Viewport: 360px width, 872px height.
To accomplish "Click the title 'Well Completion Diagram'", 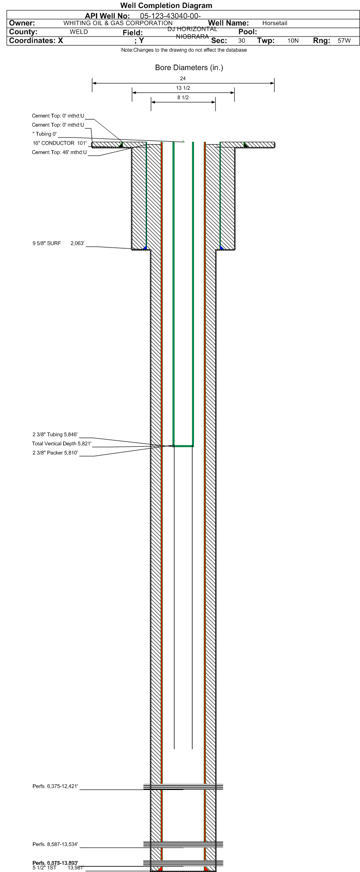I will point(166,6).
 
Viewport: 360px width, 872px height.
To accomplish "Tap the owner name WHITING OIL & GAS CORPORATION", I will point(118,23).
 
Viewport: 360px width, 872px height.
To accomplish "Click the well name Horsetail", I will point(275,23).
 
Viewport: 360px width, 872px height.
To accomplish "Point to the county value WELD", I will point(79,32).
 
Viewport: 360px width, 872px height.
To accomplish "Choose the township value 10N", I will point(293,41).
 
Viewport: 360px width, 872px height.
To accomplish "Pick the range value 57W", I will point(344,41).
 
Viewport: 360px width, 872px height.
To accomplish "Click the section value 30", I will point(242,41).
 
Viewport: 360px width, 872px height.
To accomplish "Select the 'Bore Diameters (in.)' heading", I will point(189,68).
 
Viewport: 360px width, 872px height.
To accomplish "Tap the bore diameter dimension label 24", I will point(183,78).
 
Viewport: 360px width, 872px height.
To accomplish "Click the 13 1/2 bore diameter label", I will point(183,88).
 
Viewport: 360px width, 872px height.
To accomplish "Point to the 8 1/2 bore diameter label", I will point(183,98).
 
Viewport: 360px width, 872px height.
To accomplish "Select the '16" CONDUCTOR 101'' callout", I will point(59,143).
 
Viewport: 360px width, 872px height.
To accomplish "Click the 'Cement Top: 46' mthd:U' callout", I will point(59,152).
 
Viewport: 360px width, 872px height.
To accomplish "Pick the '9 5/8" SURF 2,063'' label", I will point(58,243).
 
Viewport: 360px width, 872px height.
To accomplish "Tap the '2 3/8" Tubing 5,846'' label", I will point(55,434).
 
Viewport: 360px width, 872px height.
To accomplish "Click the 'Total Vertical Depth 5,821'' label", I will point(61,444).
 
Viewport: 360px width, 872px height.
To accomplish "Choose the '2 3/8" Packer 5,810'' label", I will point(55,453).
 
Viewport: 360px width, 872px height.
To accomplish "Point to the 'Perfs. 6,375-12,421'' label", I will point(55,787).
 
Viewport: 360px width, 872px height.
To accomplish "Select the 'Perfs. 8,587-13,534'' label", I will point(55,844).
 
